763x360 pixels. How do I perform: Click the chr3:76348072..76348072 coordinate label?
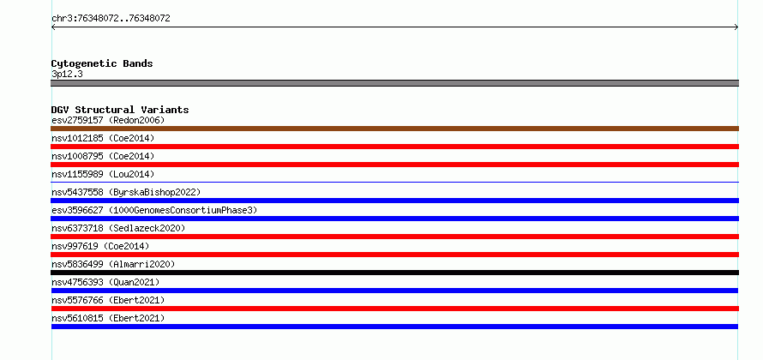point(111,19)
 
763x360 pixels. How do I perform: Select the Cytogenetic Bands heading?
point(102,63)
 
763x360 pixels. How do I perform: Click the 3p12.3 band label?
point(67,75)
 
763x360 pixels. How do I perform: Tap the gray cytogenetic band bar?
point(394,83)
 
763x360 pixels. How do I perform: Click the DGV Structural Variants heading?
point(120,110)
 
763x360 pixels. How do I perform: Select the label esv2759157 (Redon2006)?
point(108,120)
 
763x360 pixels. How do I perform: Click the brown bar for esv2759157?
point(394,129)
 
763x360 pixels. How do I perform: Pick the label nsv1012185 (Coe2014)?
point(103,138)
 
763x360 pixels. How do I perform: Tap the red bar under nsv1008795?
point(394,165)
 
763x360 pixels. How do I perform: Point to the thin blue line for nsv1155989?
point(394,182)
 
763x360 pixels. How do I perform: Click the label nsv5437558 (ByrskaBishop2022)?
point(126,192)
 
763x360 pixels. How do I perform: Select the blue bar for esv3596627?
point(394,219)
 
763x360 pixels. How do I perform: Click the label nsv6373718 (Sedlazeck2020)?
point(118,228)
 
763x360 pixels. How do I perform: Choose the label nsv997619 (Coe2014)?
point(100,246)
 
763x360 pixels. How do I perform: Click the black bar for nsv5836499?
point(394,273)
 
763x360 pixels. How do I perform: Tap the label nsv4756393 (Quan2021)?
point(105,282)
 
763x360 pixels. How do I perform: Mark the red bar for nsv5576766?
point(394,309)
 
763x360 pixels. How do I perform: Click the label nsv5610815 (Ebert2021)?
point(108,318)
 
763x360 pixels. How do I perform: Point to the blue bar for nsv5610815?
point(394,327)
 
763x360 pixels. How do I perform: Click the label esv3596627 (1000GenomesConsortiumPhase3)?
point(154,210)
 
